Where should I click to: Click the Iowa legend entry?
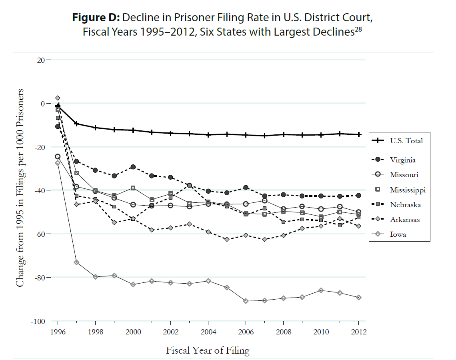(x=398, y=234)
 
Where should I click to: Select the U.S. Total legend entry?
(x=406, y=140)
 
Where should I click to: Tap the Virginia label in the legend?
(x=403, y=160)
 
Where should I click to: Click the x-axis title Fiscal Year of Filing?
(x=208, y=351)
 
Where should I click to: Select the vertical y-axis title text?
(x=20, y=187)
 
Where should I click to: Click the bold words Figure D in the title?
(x=96, y=18)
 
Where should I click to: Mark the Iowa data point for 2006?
(x=246, y=301)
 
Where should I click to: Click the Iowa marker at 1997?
(x=76, y=262)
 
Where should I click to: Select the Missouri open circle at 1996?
(x=58, y=157)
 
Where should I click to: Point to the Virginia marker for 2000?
(x=133, y=167)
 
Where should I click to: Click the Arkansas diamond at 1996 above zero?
(x=58, y=98)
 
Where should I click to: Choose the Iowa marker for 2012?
(x=358, y=298)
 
